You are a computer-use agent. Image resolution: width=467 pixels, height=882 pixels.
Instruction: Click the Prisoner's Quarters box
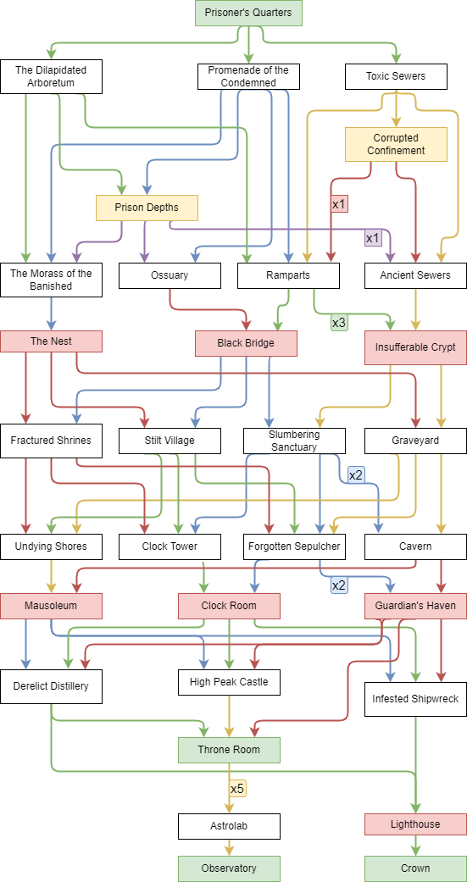tap(248, 13)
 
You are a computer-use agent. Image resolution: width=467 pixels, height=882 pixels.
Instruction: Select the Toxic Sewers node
tap(396, 76)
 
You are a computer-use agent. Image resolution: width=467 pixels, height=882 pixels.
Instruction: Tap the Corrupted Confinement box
tap(396, 144)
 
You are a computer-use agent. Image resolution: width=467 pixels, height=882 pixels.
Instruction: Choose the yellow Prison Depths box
tap(147, 208)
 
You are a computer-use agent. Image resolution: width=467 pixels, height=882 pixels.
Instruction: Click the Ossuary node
tap(170, 275)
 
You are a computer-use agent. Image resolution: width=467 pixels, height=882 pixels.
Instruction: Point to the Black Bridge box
tap(246, 343)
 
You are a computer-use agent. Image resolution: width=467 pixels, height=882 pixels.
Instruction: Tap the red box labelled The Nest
tap(51, 341)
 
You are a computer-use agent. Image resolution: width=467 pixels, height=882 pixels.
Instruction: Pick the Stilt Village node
tap(170, 441)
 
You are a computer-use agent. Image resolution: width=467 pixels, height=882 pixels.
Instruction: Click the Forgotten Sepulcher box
tap(294, 546)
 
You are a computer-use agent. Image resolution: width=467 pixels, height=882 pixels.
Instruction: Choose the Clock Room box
tap(229, 606)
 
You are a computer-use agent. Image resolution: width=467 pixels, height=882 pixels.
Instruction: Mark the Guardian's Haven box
tap(416, 606)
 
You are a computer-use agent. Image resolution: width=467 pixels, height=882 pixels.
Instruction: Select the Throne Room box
tap(229, 750)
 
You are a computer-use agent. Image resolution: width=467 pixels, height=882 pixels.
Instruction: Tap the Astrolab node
tap(229, 826)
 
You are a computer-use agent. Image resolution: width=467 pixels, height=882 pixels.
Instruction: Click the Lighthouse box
tap(416, 824)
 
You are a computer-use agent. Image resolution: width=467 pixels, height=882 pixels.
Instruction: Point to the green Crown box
tap(416, 868)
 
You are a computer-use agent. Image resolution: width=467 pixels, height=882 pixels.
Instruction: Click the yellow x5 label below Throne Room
tap(237, 789)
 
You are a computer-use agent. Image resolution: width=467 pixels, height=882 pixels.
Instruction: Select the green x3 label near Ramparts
tap(339, 323)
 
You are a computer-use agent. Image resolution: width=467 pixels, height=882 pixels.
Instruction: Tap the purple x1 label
tap(373, 238)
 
